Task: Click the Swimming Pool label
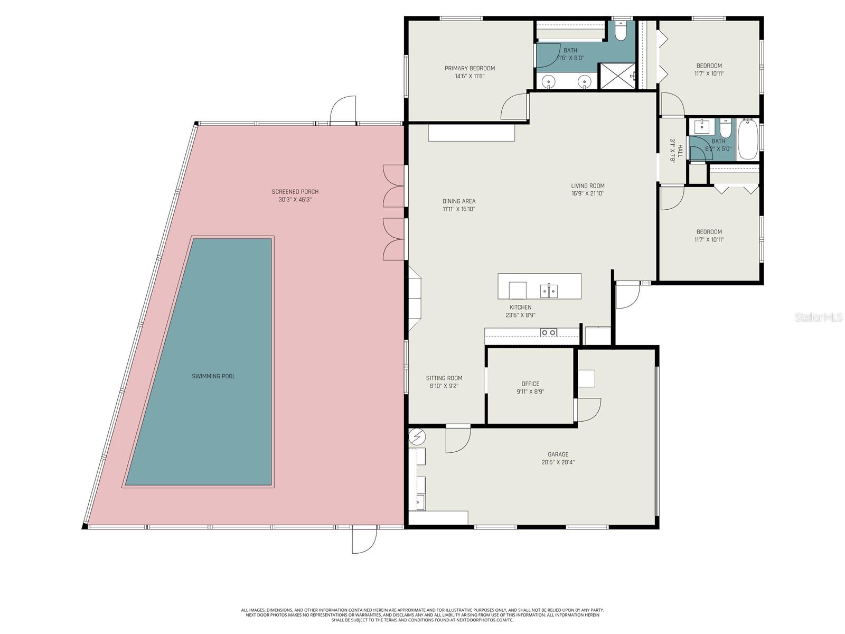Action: coord(213,376)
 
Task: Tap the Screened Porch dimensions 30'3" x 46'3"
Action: coord(295,200)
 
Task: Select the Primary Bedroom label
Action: coord(470,68)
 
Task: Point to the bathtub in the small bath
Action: coord(747,139)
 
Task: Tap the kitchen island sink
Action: coord(549,291)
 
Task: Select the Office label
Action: coord(530,384)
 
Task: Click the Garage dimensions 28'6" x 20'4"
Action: coord(558,462)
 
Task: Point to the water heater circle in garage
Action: coord(417,436)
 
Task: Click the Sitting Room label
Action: coord(444,378)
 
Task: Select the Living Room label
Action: coord(587,185)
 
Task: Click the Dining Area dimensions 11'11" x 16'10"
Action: coord(459,209)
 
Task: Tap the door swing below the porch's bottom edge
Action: coord(364,540)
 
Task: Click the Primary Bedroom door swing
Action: coord(514,107)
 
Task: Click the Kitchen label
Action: coord(520,307)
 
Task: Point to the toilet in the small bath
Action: coord(726,128)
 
